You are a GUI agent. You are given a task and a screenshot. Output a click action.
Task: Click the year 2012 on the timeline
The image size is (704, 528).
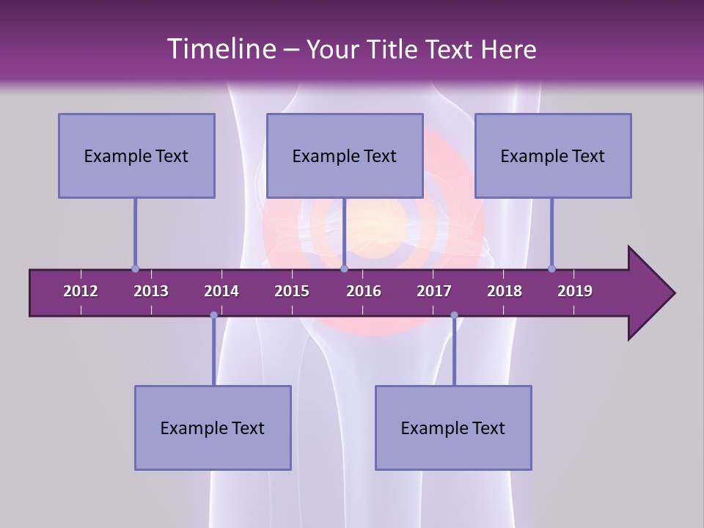[x=81, y=291]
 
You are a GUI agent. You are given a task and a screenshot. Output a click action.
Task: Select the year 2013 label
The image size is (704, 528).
[x=151, y=291]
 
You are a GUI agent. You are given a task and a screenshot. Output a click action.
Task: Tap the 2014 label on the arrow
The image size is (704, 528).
[x=221, y=291]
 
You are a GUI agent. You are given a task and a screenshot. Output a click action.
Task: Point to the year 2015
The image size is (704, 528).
[x=292, y=291]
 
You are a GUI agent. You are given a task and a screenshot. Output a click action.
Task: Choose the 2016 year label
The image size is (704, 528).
[x=364, y=291]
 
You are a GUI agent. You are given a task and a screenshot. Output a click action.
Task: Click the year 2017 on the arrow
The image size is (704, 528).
[x=434, y=291]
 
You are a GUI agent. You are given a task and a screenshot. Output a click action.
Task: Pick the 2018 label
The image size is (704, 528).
[x=505, y=291]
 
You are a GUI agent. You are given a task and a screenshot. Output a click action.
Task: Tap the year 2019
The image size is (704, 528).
[x=575, y=291]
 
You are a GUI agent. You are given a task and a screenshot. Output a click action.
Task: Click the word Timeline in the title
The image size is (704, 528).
[x=221, y=49]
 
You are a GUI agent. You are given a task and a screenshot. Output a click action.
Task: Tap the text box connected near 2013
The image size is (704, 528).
[x=136, y=155]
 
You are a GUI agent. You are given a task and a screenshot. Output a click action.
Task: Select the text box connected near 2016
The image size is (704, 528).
[x=345, y=155]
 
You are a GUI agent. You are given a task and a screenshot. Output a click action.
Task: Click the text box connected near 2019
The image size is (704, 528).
[x=553, y=155]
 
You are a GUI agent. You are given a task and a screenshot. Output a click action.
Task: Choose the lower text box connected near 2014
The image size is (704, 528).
[x=213, y=428]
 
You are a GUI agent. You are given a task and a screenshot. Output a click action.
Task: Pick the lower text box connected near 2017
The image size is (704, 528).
[x=453, y=428]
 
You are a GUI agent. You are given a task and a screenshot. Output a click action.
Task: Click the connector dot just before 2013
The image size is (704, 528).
[x=135, y=268]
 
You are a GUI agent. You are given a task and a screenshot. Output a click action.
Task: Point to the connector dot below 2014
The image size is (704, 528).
[x=213, y=315]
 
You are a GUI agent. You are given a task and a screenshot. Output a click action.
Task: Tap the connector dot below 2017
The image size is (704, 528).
[x=454, y=315]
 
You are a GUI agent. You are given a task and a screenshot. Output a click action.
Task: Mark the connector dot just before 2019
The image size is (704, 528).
[x=551, y=268]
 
